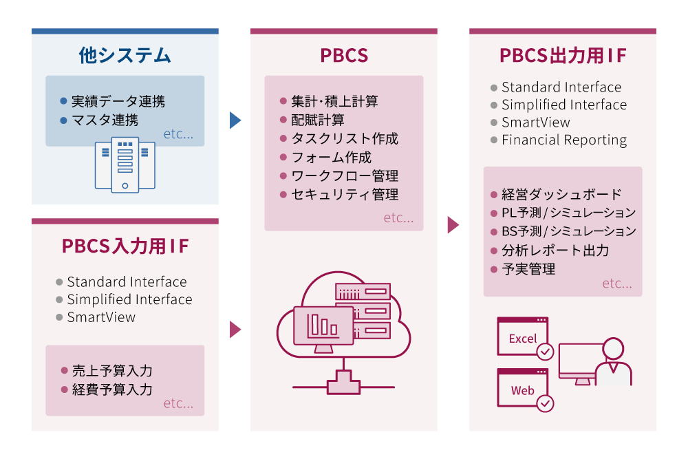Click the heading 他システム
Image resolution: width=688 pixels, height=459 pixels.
pos(125,56)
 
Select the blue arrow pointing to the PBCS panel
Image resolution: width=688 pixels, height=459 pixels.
pos(235,120)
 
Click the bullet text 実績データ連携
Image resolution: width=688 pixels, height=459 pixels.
pos(118,102)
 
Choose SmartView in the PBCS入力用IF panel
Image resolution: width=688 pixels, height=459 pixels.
pos(101,317)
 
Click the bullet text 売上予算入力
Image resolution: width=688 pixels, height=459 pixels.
pos(111,371)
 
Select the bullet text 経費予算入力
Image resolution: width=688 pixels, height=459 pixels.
pos(111,389)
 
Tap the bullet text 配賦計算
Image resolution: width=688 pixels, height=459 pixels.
pos(317,120)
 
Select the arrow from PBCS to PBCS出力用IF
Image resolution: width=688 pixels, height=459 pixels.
pos(453,225)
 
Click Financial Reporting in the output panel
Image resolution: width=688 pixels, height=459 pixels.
pos(564,140)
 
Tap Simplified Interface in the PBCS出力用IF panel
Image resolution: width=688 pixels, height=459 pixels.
pos(564,105)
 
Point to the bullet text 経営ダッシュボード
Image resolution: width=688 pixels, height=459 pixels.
pos(561,194)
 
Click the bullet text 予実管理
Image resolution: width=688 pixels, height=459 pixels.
pos(528,269)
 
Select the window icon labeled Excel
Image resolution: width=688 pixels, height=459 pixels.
pos(523,337)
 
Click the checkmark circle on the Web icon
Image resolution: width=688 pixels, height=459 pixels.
pos(545,403)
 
